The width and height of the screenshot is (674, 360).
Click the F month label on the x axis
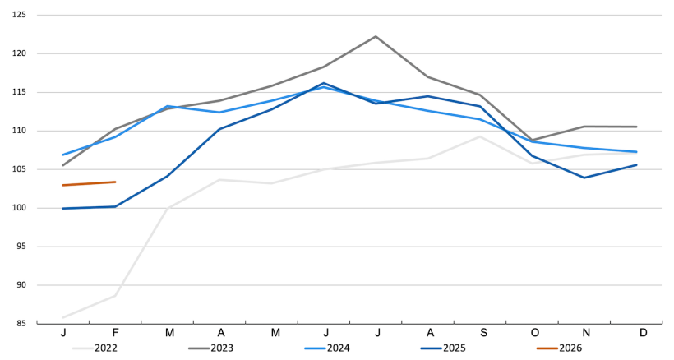(x=116, y=333)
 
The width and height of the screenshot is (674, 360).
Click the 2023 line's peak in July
(x=376, y=36)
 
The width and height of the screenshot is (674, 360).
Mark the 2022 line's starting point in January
(x=63, y=317)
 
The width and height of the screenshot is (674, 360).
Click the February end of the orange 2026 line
(x=115, y=182)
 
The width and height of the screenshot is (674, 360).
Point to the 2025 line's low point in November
(x=584, y=178)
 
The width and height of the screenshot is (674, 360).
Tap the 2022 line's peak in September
(x=480, y=136)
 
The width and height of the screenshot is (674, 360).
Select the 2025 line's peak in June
(x=324, y=83)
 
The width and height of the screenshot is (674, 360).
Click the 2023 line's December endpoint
(x=637, y=127)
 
